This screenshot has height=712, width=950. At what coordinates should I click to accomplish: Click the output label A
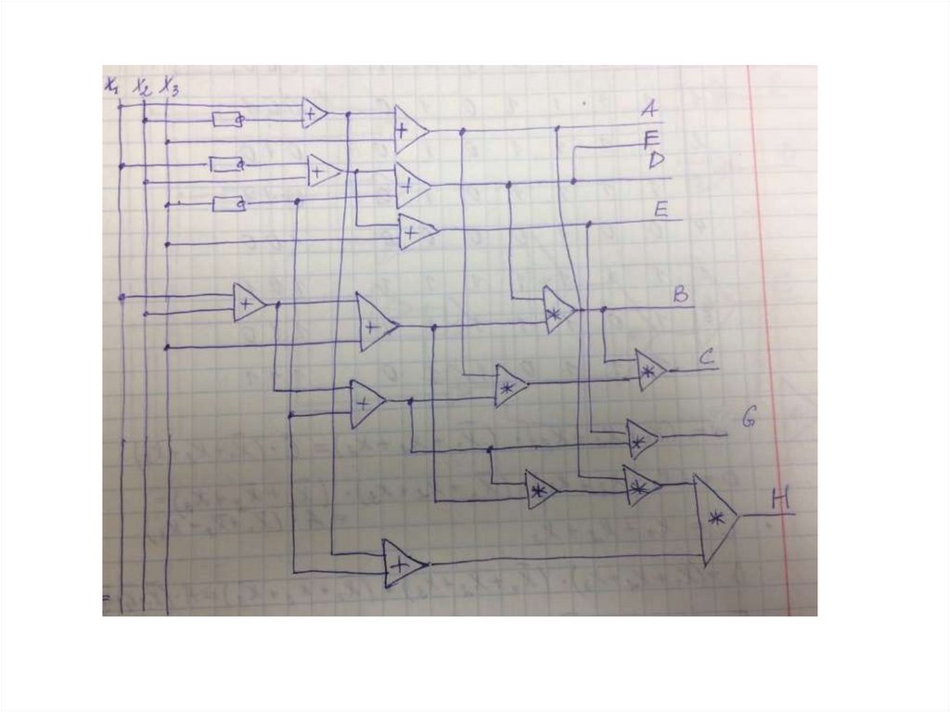click(649, 110)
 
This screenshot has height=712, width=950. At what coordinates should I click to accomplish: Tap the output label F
click(650, 139)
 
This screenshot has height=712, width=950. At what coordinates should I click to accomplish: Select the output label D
click(655, 161)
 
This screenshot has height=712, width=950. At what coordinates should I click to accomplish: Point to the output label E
click(661, 210)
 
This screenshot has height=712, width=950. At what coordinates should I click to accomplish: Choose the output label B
click(680, 297)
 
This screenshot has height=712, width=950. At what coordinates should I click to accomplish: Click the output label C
click(705, 356)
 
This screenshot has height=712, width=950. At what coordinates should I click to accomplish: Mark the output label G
click(749, 419)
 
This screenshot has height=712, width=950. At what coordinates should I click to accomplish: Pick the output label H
click(780, 501)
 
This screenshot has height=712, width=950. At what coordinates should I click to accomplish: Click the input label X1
click(111, 85)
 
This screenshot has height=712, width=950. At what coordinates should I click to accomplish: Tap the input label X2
click(141, 86)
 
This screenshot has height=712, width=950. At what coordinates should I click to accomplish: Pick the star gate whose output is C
click(649, 369)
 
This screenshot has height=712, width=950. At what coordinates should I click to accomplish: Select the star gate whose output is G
click(640, 438)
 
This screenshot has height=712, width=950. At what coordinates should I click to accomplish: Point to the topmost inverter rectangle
click(227, 119)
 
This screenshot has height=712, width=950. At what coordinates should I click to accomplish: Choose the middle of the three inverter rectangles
click(225, 164)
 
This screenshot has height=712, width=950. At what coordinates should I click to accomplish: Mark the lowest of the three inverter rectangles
click(227, 203)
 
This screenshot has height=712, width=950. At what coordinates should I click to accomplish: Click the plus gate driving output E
click(416, 231)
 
